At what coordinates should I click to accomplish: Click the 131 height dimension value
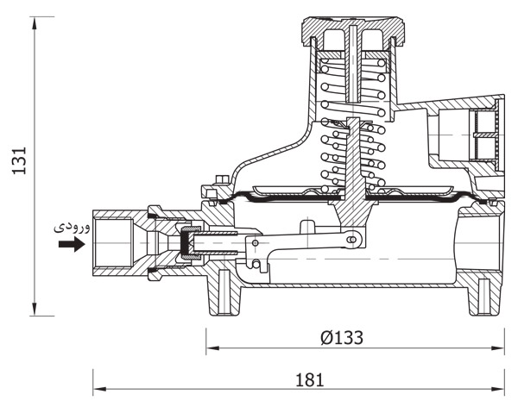pos(19,160)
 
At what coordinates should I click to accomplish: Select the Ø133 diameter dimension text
pos(342,338)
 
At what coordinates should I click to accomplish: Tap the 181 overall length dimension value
pos(309,380)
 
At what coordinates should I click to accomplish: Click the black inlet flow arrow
pos(72,244)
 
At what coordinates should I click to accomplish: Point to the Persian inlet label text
pos(72,228)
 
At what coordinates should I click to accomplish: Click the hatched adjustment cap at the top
pos(353,29)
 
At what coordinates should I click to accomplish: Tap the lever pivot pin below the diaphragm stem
pos(351,239)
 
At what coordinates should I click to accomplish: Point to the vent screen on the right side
pos(485,135)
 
